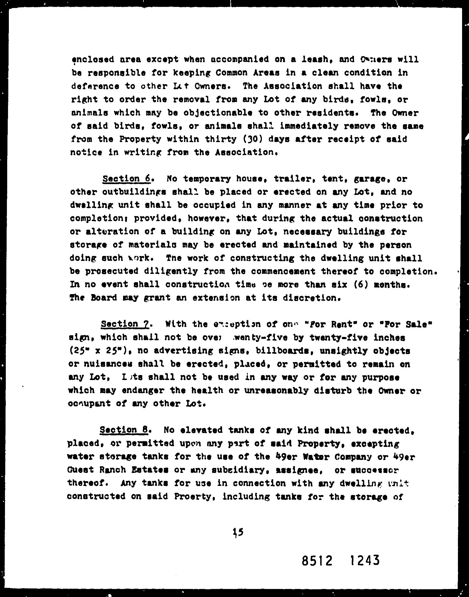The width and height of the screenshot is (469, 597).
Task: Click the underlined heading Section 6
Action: [126, 179]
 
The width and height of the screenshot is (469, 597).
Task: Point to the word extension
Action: [216, 298]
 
